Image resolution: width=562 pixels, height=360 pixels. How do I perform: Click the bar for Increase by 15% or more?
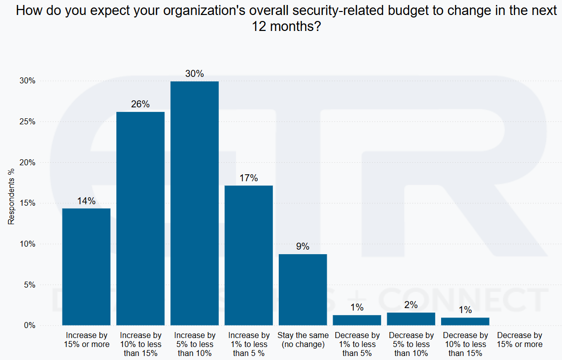[86, 267]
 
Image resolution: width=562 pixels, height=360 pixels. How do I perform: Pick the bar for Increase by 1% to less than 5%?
[249, 255]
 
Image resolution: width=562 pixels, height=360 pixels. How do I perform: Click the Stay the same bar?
[303, 290]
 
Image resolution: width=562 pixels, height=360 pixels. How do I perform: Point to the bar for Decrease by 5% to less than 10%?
[411, 319]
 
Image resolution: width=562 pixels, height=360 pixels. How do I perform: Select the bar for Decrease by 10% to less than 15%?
[465, 321]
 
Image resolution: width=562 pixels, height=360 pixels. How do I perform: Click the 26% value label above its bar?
[140, 104]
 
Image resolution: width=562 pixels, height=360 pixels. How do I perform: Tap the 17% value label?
[249, 178]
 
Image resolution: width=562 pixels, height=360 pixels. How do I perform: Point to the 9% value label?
[303, 247]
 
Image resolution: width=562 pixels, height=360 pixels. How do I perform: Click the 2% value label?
[411, 305]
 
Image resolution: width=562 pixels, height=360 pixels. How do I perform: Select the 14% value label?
[86, 201]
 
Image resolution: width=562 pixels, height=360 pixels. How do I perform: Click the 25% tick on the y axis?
[27, 122]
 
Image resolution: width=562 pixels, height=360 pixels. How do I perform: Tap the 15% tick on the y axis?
[27, 203]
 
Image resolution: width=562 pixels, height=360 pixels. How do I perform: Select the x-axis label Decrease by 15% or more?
[520, 340]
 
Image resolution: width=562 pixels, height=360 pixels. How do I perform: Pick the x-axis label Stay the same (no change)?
[303, 340]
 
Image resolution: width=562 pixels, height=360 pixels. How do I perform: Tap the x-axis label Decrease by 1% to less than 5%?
[357, 345]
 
